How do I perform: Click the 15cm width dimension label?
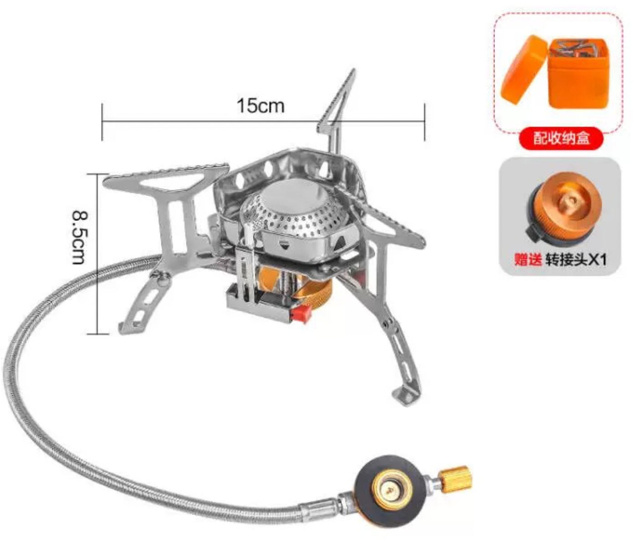tap(260, 106)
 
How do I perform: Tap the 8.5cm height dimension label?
tap(78, 238)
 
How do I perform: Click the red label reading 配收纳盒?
tap(561, 138)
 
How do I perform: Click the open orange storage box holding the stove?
tap(578, 74)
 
